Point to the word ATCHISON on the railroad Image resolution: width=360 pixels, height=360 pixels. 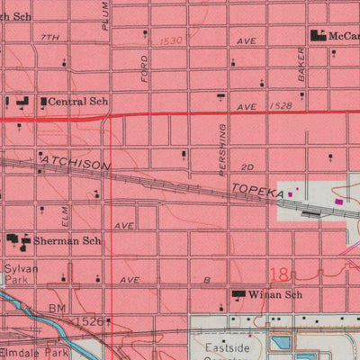(x=75, y=166)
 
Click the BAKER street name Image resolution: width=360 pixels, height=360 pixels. (x=301, y=66)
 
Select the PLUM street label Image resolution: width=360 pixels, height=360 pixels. (x=105, y=15)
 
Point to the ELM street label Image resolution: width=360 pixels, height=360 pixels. (x=65, y=217)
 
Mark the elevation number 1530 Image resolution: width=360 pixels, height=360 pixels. (x=171, y=40)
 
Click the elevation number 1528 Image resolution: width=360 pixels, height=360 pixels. (x=280, y=106)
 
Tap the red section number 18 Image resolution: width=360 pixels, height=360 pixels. (x=281, y=271)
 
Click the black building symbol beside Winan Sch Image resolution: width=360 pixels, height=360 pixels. (x=239, y=294)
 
